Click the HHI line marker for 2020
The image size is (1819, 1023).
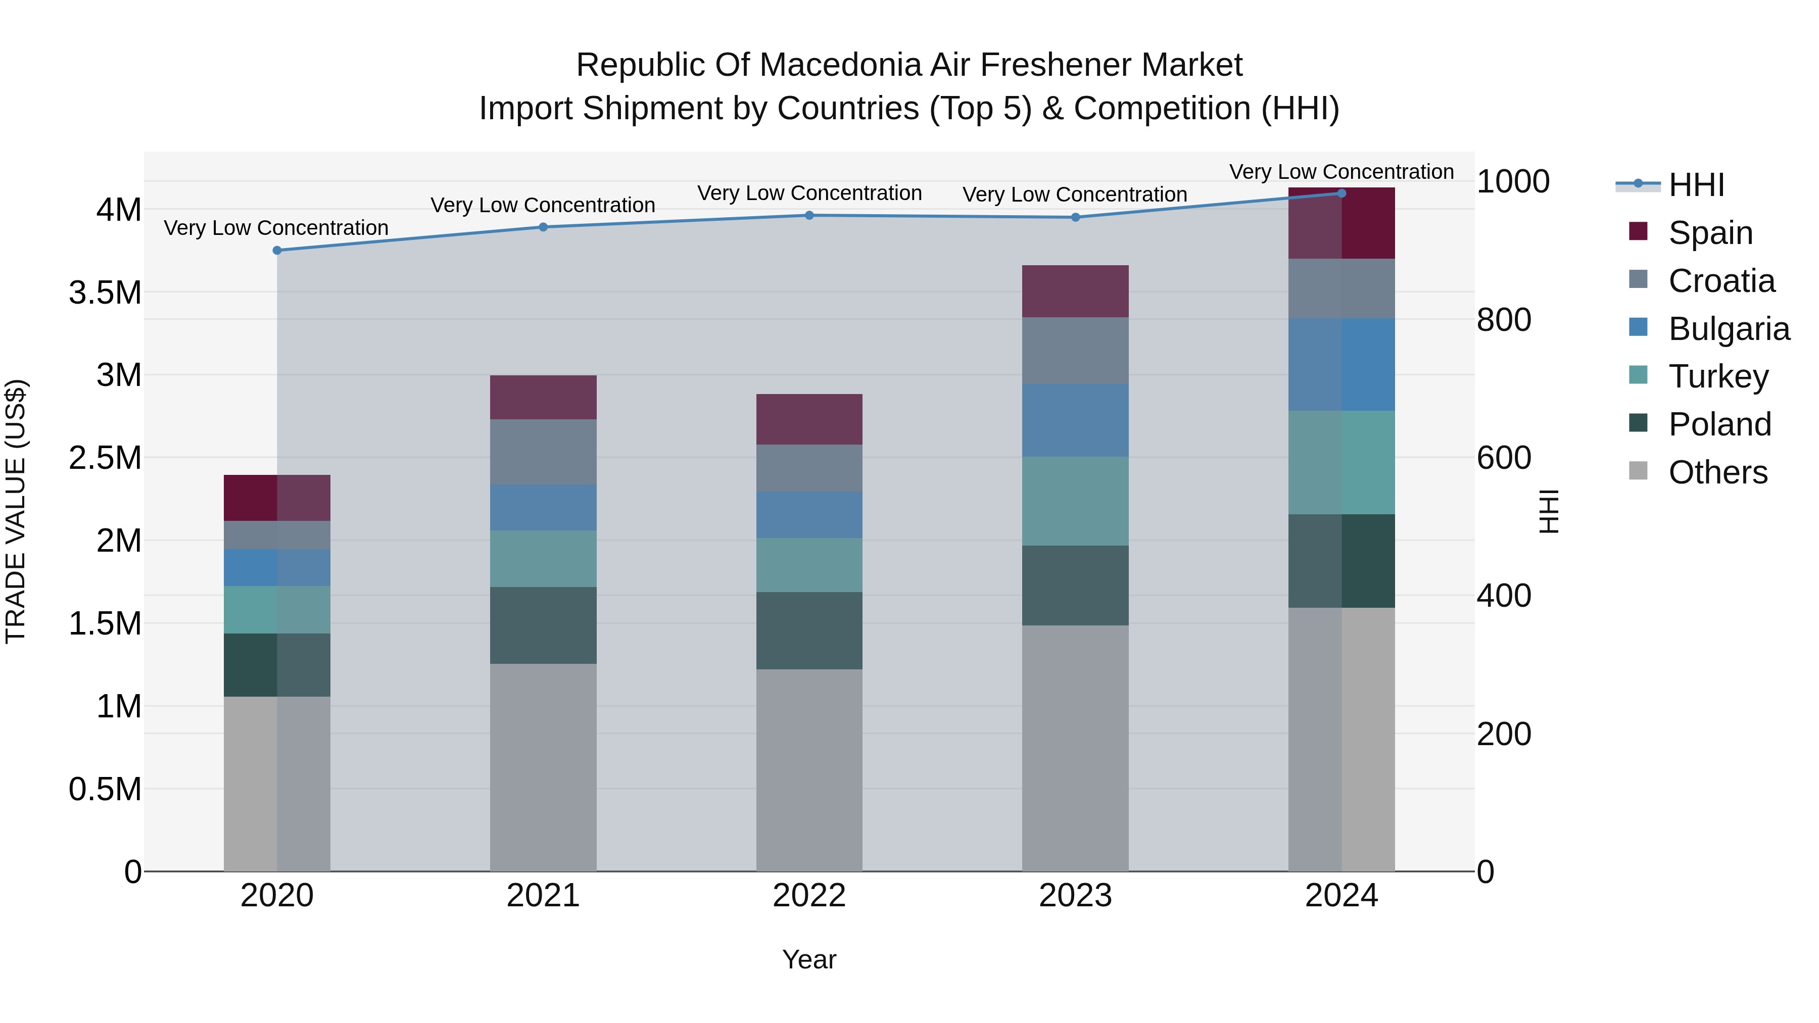(x=277, y=251)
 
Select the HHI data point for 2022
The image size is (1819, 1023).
(x=809, y=215)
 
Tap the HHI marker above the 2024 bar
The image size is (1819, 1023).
(x=1342, y=193)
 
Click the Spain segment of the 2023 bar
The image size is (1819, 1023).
(x=1075, y=291)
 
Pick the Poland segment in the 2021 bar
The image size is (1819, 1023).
(x=543, y=625)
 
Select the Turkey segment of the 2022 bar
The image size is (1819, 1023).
(x=809, y=565)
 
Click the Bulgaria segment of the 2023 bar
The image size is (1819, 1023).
(x=1075, y=420)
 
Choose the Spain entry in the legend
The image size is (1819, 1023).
(x=1710, y=232)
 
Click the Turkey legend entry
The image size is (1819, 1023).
(x=1718, y=376)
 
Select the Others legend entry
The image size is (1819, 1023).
(x=1717, y=472)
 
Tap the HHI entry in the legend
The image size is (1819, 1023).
(x=1696, y=185)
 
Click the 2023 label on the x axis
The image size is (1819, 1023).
(x=1075, y=896)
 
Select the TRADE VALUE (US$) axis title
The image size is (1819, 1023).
(x=16, y=511)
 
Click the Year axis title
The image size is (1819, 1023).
(x=809, y=959)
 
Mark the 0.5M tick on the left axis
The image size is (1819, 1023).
(x=105, y=789)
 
